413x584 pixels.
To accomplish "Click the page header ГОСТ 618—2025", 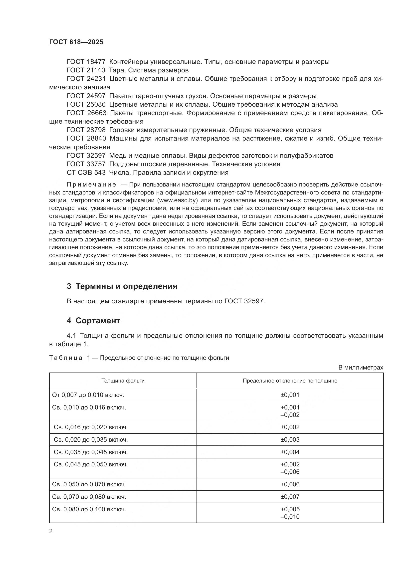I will pos(76,42).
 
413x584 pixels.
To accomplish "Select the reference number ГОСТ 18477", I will pos(86,62).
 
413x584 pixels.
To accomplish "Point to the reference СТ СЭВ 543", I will pos(86,173).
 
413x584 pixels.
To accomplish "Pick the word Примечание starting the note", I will pos(91,185).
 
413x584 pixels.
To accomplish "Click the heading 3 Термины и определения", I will pos(122,286).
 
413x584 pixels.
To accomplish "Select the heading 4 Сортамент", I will pos(93,321).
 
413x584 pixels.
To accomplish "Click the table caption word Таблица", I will pos(66,358).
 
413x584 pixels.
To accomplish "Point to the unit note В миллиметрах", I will pos(361,367).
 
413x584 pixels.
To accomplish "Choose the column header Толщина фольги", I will pos(123,381).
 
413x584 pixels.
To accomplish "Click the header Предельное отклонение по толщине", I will pos(290,381).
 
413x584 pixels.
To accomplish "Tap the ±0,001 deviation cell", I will pos(290,395).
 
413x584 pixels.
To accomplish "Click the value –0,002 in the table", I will pos(290,415).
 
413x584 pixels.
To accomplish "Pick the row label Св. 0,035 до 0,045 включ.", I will pos(91,452).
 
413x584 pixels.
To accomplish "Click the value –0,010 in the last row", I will pos(290,517).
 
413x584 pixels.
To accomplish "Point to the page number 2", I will pos(51,531).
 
